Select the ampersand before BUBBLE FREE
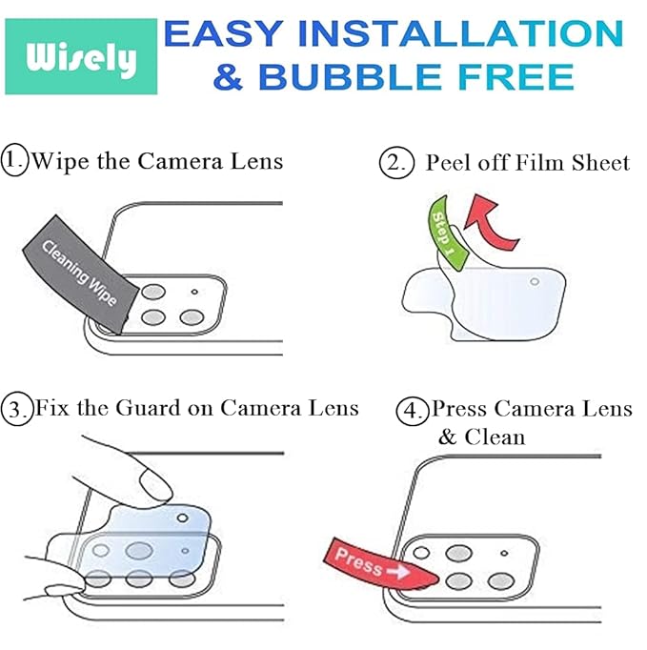coord(227,76)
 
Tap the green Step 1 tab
coord(445,231)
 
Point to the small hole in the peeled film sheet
coord(534,281)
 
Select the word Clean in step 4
coord(495,437)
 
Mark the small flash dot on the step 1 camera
coord(194,292)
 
